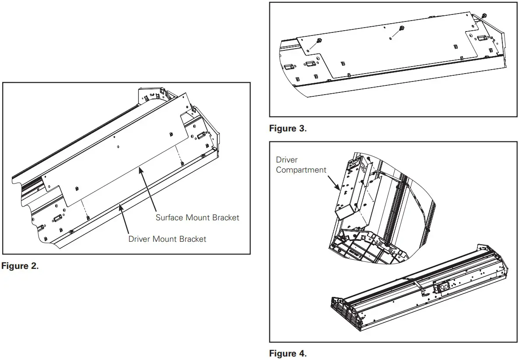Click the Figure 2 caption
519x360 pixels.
pos(20,266)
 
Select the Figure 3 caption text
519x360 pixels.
pos(288,128)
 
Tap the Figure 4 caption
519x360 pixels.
pos(288,353)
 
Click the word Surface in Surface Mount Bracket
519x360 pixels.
pos(169,217)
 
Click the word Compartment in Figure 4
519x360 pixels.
pos(301,170)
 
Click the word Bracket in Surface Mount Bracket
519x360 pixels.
pos(226,217)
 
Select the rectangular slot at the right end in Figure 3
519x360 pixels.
pos(482,39)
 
